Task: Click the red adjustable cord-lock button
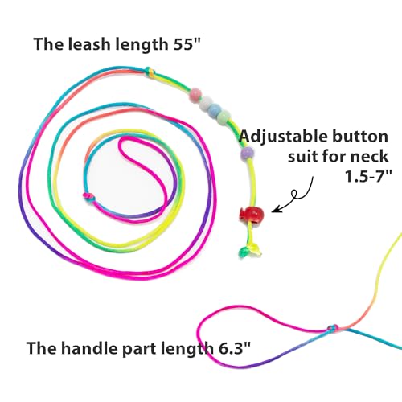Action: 251,214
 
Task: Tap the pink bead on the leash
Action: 195,95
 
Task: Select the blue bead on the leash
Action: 215,109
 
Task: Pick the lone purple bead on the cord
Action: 247,153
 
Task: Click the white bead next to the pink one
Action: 206,103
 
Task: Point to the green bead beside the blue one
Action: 224,117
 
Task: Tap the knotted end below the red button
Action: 250,252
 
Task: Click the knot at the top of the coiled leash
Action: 150,72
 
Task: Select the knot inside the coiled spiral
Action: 89,198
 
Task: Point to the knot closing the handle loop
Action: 333,328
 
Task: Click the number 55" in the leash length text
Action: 187,43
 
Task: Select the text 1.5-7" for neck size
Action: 367,176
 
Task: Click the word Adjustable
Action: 283,137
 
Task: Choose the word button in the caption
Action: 360,136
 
